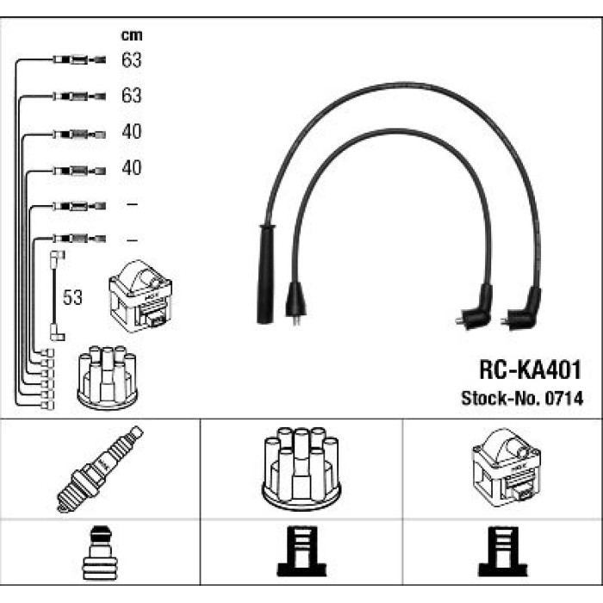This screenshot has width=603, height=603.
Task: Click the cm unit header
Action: pos(132,35)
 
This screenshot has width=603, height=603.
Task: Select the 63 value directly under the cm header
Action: pos(132,60)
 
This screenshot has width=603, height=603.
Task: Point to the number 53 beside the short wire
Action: pos(72,297)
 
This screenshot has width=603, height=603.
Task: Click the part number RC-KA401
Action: pos(530,370)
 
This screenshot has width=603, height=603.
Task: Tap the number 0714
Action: pos(564,398)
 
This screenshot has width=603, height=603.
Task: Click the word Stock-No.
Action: pos(501,398)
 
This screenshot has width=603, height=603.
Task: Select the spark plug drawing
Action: pos(100,469)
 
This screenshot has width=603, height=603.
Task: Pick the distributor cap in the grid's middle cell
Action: pos(301,469)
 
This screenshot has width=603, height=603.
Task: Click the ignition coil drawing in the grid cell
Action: pos(507,468)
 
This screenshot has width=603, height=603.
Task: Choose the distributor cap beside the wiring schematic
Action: pos(108,377)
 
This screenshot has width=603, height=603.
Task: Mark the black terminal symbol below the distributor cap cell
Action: pos(301,551)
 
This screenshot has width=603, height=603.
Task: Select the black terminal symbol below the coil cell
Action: pos(502,551)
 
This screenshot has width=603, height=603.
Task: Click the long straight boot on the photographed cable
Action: pos(265,274)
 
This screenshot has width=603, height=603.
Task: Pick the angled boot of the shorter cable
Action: pos(475,308)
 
